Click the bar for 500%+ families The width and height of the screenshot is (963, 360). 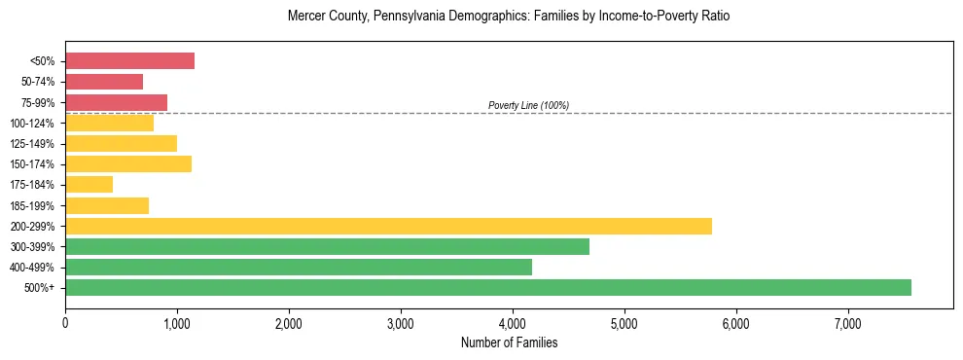pos(487,287)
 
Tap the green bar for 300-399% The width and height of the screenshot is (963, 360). pos(327,246)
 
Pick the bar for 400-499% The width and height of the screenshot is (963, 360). pos(298,267)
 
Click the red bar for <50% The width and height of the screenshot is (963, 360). pos(129,61)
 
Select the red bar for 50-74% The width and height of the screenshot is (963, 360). pos(104,82)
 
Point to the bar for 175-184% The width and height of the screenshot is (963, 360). pos(89,184)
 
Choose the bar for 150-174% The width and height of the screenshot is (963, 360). pos(128,163)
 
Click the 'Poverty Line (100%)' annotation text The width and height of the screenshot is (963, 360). pos(528,105)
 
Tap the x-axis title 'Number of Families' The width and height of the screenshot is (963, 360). pos(509,342)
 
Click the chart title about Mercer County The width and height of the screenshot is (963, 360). pos(509,17)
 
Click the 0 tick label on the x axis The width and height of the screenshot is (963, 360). pos(65,322)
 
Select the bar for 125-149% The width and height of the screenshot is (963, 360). pos(121,143)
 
